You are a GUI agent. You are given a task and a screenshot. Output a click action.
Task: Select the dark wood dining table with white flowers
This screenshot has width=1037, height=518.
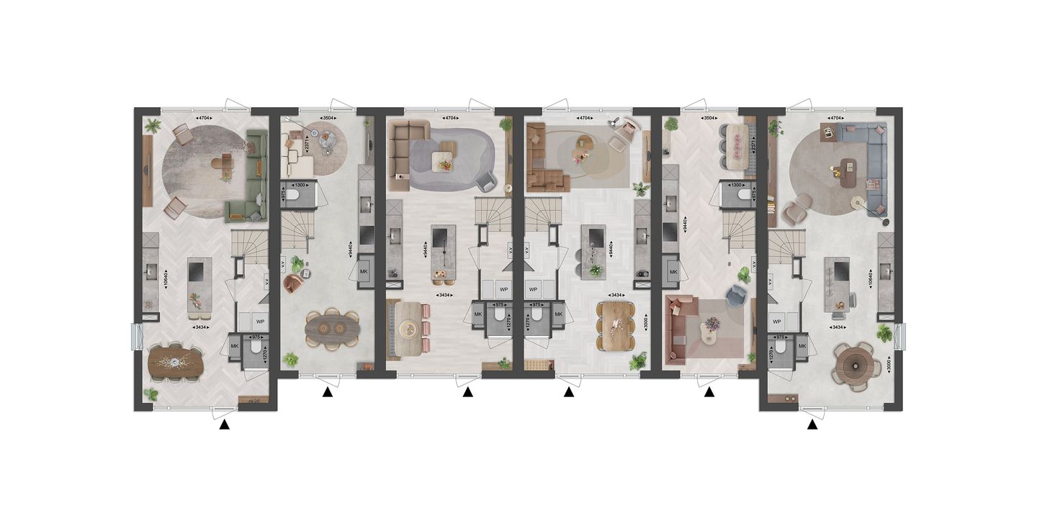tap(176, 363)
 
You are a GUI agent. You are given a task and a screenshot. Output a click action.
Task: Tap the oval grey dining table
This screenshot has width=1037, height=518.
tap(332, 329)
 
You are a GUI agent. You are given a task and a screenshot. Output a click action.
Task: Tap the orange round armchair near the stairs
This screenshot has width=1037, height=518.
tap(294, 284)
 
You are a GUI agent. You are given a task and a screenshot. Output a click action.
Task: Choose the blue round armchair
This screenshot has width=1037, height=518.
tap(737, 294)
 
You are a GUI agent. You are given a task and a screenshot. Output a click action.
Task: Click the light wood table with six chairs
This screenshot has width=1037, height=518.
tap(617, 327)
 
